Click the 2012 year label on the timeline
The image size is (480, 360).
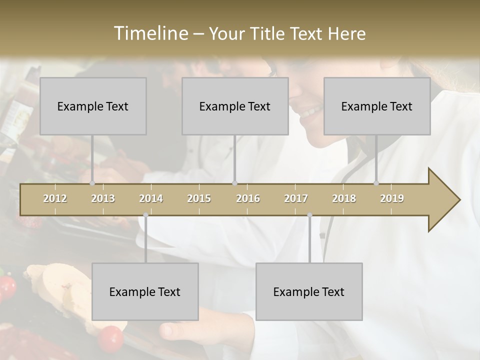55,198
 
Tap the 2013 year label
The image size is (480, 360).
103,198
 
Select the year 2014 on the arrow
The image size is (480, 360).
151,198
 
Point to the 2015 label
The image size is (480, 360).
199,198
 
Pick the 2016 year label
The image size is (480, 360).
248,198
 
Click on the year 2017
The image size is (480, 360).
296,198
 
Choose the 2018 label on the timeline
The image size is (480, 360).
344,198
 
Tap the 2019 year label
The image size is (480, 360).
392,198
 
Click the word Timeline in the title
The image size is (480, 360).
150,33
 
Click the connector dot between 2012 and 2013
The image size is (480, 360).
92,183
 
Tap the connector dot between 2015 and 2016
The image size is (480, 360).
235,183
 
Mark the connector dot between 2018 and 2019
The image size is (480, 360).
376,183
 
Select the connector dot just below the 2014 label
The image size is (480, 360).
145,215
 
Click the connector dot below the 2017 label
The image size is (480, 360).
309,215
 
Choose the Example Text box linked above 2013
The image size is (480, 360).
93,106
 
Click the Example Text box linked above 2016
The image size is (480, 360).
235,106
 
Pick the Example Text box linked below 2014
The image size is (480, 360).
145,291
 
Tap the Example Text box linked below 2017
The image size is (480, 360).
309,291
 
